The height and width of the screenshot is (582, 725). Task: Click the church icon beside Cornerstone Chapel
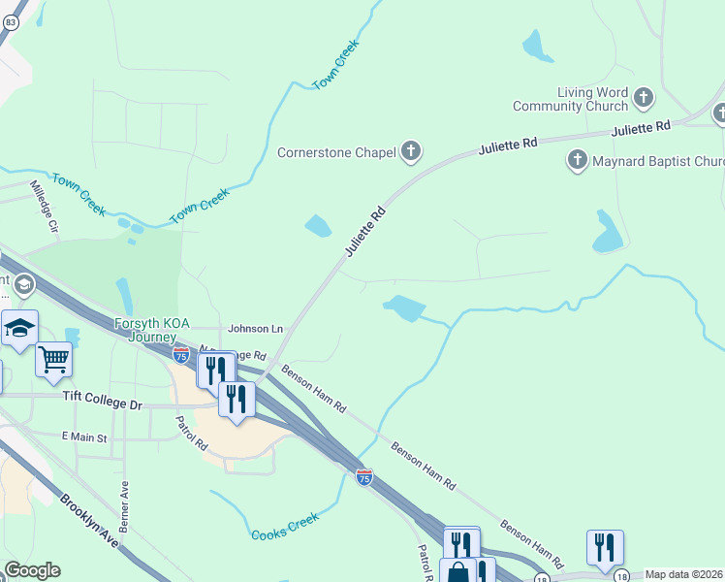point(412,151)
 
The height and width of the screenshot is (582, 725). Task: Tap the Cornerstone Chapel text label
point(336,152)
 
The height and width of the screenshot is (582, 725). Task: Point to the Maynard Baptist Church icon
point(578,160)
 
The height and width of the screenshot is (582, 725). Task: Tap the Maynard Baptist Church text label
point(658,161)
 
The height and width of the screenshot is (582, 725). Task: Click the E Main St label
point(84,437)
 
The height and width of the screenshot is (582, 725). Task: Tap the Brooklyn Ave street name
point(89,521)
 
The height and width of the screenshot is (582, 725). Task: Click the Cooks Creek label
point(285,528)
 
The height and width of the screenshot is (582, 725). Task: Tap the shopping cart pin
point(53,360)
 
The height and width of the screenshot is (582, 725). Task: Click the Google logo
point(32,570)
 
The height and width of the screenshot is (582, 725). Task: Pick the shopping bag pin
point(457,573)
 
